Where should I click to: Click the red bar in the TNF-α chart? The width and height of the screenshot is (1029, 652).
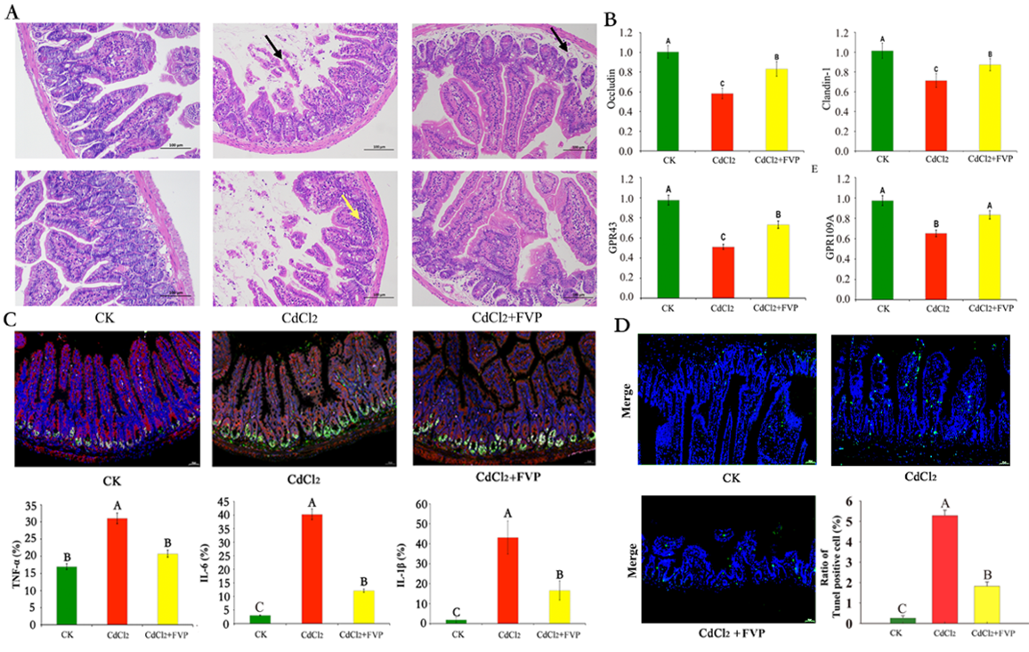pos(115,571)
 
